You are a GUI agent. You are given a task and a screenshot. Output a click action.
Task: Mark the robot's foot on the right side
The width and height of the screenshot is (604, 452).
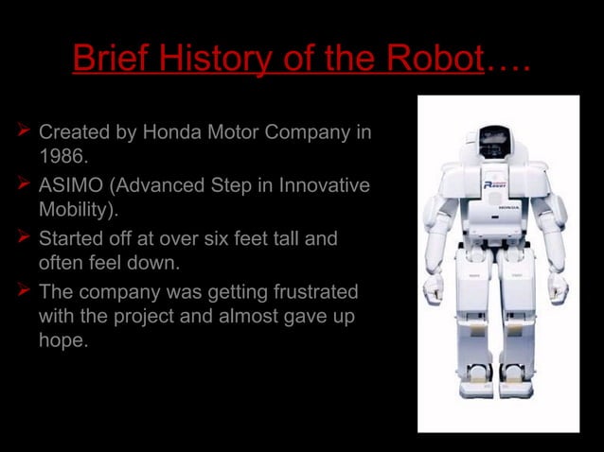click(518, 388)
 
